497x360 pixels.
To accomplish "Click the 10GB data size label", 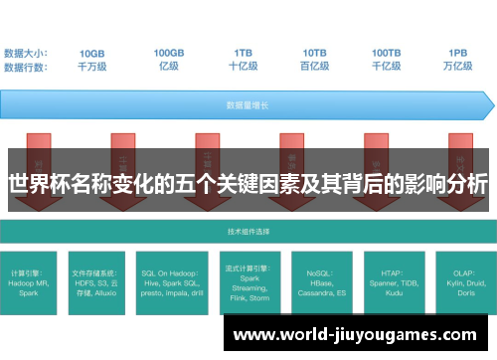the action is point(92,53).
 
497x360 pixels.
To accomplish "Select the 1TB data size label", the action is point(244,53).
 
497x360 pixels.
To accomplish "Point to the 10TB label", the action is point(315,53).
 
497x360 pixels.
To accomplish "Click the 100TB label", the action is point(387,53).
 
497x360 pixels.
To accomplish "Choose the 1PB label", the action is point(458,53).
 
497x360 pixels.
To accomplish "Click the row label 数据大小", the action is point(27,53).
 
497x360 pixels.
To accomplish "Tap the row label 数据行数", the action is point(27,67).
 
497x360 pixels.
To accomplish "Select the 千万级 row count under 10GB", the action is point(92,67).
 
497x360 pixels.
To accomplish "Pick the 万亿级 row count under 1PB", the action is point(458,67).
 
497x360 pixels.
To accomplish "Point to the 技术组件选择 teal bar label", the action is point(248,231).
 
